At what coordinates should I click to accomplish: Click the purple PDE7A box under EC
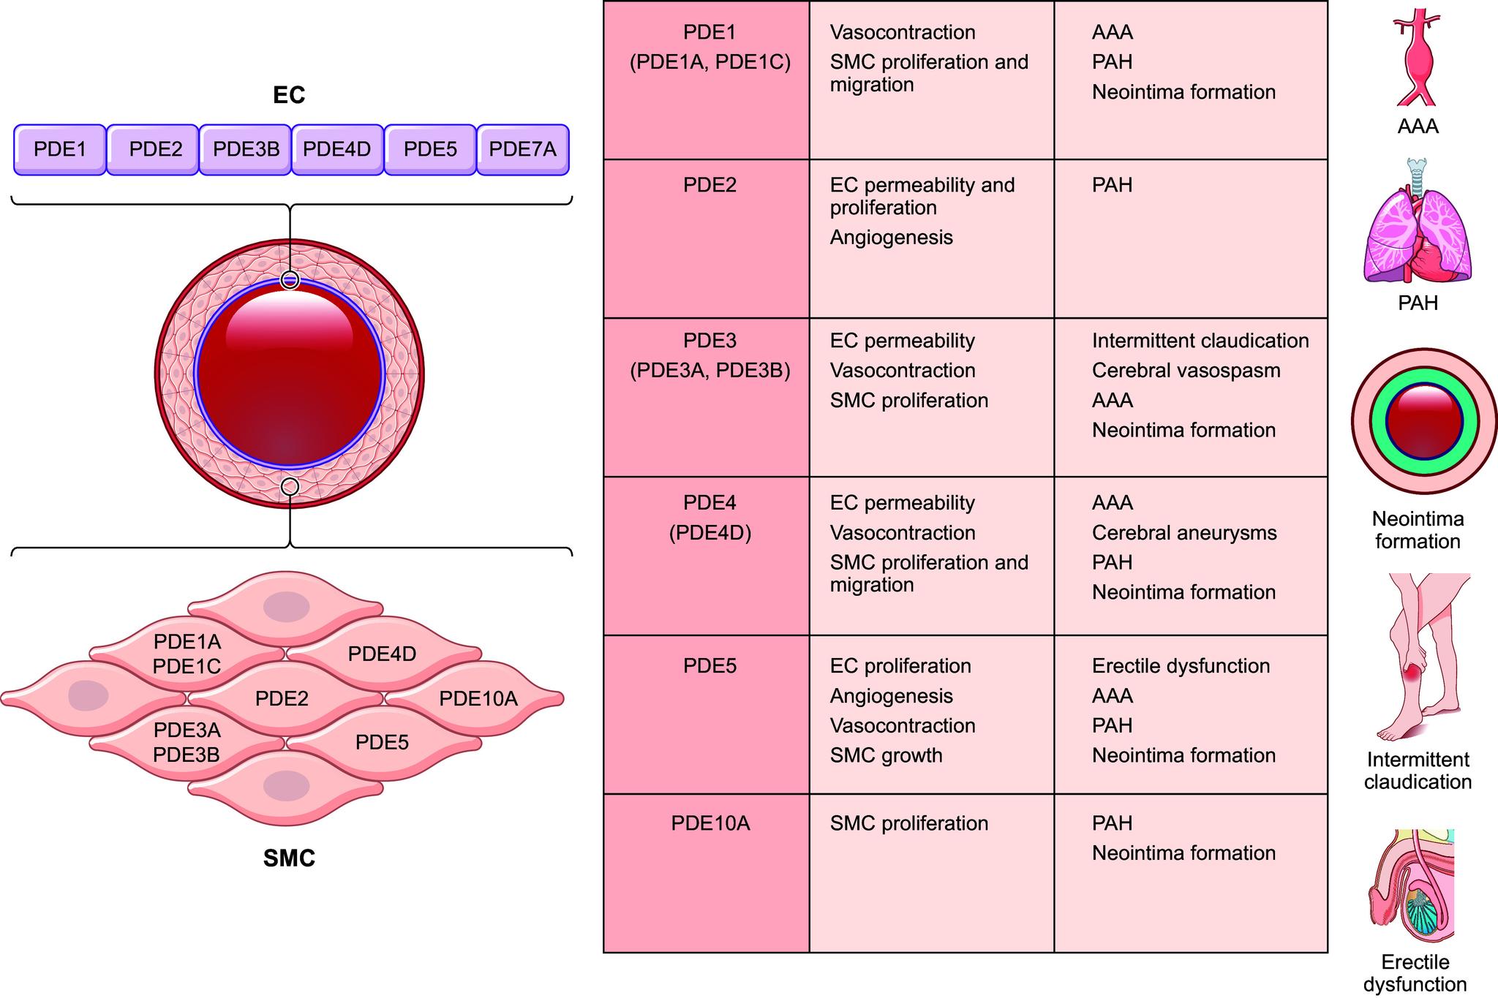[522, 149]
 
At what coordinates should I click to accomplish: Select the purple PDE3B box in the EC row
[246, 149]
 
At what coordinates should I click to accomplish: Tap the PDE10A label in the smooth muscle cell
[478, 699]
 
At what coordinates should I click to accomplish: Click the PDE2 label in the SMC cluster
[282, 699]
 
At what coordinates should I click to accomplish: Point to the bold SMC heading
[289, 858]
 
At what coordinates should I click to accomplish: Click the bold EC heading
[288, 95]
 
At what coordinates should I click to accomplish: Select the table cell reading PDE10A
[710, 823]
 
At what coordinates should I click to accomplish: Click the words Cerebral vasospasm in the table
[1186, 371]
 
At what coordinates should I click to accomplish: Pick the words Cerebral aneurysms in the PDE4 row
[1183, 533]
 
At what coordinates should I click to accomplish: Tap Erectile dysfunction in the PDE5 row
[1181, 666]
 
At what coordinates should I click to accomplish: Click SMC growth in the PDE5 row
[886, 755]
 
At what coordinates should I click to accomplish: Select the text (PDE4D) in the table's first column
[710, 533]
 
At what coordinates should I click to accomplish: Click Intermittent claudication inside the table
[1200, 341]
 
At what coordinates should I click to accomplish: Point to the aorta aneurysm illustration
[1417, 58]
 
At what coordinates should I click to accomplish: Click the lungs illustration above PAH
[1417, 230]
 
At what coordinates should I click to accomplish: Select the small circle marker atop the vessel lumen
[290, 280]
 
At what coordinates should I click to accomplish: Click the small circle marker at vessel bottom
[290, 486]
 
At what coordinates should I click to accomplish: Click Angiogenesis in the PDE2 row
[891, 238]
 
